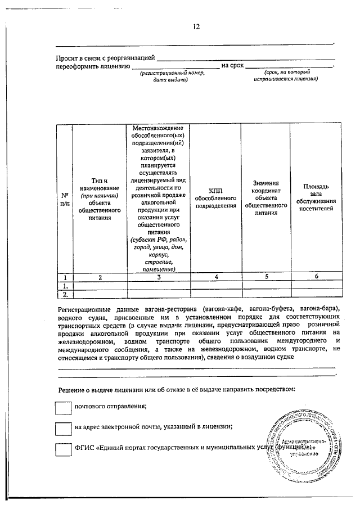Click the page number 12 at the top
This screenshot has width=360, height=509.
(x=196, y=26)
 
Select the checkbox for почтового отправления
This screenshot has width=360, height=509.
(x=63, y=406)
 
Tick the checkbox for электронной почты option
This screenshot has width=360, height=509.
(x=63, y=427)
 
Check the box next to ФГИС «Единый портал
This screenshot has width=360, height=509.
(x=63, y=449)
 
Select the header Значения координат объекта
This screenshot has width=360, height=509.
(x=266, y=198)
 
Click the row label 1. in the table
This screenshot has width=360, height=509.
(x=65, y=285)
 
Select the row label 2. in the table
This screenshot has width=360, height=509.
(x=65, y=294)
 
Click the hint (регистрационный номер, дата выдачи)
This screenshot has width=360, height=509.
(x=172, y=76)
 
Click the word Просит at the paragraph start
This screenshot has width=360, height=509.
(x=66, y=57)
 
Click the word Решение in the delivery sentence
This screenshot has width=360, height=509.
(x=71, y=389)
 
